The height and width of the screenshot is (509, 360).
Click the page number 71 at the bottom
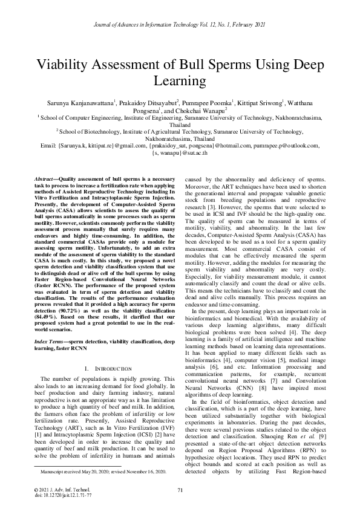pos(180,490)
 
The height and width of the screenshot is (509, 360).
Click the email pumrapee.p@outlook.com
pos(288,146)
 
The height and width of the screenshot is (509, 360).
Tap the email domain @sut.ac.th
pos(193,153)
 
